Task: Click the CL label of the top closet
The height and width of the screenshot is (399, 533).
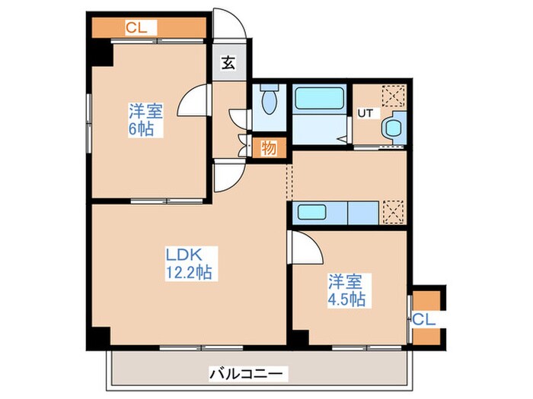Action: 136,28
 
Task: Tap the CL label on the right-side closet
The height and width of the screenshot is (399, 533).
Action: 423,321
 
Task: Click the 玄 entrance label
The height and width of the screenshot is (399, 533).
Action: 228,64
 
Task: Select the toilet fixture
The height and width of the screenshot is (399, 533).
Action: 268,100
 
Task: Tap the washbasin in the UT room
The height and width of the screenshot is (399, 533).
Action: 393,127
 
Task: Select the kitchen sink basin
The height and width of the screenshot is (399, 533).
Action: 311,212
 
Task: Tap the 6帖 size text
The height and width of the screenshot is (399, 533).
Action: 142,128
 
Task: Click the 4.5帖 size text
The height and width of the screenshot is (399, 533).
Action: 347,299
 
